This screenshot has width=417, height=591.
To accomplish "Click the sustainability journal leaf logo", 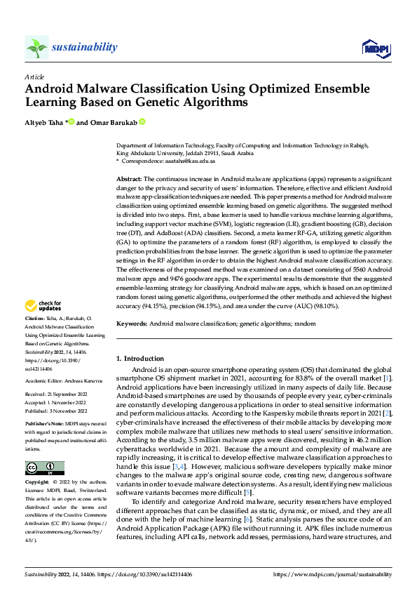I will tap(36, 47).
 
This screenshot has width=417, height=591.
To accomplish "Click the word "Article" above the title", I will tap(34, 77).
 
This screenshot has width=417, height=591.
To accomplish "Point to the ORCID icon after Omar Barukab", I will tap(142, 122).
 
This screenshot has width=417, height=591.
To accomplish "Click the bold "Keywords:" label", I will tap(132, 324).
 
